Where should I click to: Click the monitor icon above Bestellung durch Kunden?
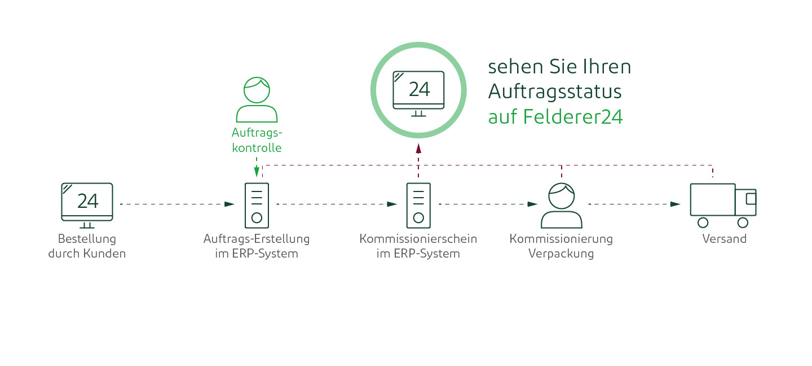(87, 205)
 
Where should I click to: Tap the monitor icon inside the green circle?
(418, 94)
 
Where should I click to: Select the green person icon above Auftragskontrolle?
(257, 99)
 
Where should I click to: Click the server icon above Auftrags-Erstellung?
(257, 206)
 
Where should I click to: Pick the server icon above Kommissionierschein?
(418, 206)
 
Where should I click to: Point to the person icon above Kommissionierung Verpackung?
(562, 206)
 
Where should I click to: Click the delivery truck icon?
(723, 206)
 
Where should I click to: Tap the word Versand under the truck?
(724, 239)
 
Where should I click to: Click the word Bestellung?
(87, 239)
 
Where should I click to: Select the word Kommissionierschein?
(418, 239)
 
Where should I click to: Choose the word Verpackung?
(561, 254)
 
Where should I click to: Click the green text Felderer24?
(573, 116)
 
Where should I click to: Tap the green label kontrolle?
(257, 148)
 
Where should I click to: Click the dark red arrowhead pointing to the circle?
(418, 149)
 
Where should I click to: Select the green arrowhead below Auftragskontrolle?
(257, 172)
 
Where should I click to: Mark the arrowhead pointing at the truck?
(676, 204)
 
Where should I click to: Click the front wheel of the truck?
(743, 223)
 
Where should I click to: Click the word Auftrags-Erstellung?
(257, 239)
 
